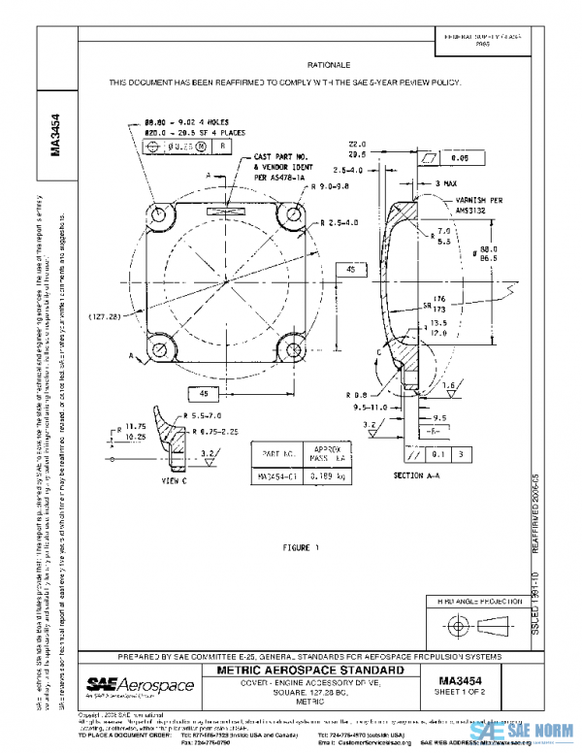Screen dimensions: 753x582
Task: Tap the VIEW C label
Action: pos(174,480)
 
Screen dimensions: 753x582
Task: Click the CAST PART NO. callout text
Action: pos(281,156)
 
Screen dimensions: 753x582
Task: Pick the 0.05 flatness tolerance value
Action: pos(460,155)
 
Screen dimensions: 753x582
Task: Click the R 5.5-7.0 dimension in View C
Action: pos(188,415)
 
